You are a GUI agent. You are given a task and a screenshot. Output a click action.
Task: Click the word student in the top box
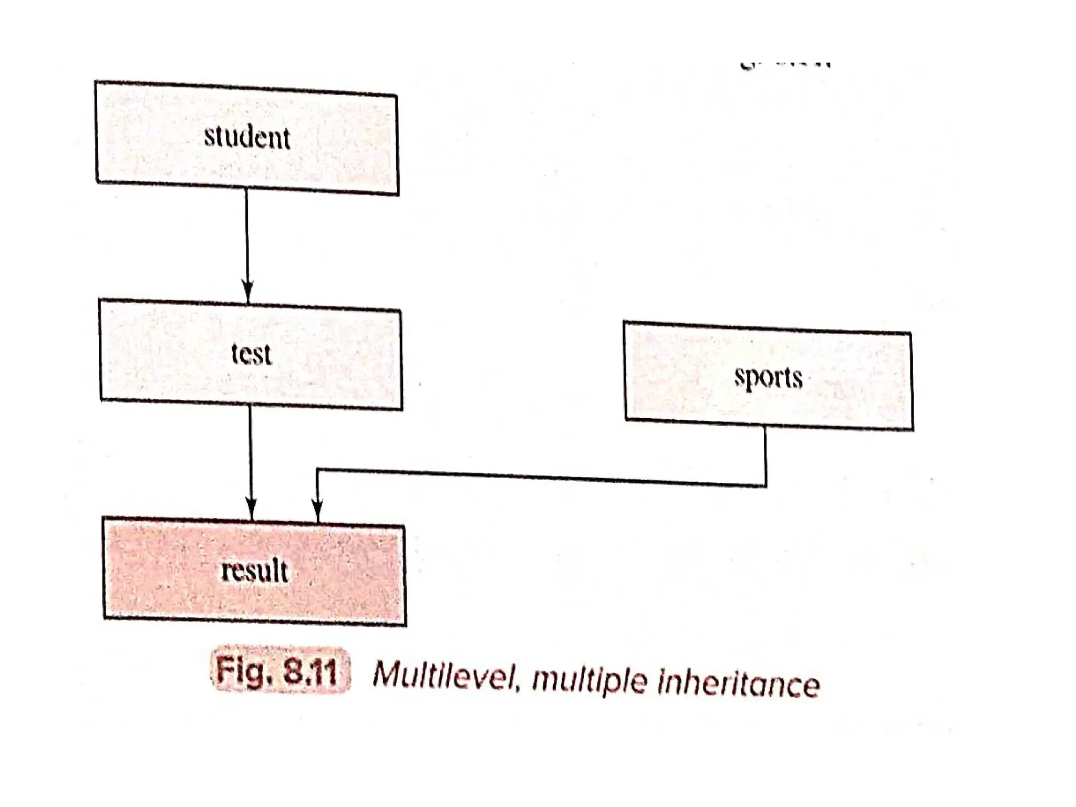[x=247, y=138]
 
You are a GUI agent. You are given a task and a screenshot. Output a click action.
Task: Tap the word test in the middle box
[x=252, y=354]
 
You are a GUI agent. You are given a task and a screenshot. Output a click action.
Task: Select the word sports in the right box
[x=768, y=378]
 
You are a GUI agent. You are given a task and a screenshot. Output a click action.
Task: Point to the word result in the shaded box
[x=255, y=571]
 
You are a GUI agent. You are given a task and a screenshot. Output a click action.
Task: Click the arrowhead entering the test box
[x=248, y=292]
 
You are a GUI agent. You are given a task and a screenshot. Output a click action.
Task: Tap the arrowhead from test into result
[x=251, y=509]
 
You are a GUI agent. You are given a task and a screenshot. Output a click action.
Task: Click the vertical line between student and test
[x=247, y=236]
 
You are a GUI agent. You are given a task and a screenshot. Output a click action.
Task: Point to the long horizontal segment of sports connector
[x=541, y=477]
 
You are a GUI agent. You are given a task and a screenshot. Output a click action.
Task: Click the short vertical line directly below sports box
[x=765, y=454]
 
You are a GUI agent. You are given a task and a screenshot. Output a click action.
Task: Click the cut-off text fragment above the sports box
[x=785, y=66]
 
